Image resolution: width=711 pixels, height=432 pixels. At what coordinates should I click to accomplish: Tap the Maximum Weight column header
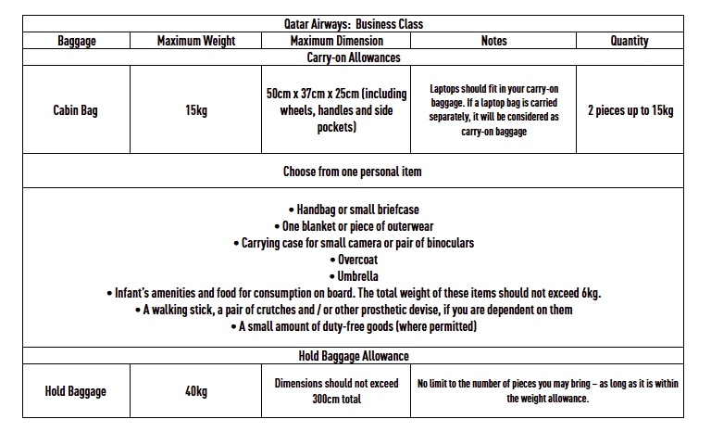coord(196,41)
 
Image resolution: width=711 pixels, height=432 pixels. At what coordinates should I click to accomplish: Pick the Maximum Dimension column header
coord(335,41)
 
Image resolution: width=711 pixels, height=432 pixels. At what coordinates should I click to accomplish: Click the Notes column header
coord(493,41)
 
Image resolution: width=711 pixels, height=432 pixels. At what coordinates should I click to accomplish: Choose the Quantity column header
coord(630,41)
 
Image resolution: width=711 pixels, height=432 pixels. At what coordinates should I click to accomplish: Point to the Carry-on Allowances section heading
coord(353,57)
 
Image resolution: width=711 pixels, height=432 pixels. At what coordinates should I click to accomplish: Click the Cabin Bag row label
coord(76,110)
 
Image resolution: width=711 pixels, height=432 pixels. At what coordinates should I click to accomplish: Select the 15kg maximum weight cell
coord(196,110)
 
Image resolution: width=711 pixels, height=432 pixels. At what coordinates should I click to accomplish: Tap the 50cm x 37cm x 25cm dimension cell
coord(335,110)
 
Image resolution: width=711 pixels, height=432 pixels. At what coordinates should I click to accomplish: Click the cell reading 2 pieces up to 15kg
coord(630,110)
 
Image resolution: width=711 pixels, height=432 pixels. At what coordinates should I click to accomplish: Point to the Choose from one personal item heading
coord(353,172)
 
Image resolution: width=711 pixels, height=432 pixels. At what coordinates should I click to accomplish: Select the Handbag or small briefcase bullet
coord(353,210)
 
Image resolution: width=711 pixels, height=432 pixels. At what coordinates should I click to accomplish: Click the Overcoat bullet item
coord(353,260)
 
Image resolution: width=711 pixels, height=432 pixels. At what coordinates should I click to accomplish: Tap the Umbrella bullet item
coord(353,276)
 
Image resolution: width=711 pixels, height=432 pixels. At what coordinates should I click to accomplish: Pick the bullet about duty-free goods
coord(353,326)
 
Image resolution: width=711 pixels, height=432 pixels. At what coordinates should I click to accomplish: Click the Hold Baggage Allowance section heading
coord(353,356)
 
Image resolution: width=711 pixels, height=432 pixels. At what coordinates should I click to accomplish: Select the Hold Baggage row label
coord(76,391)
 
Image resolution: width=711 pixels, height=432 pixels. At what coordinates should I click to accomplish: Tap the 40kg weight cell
coord(196,391)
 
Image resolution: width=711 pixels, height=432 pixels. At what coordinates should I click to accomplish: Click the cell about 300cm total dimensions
coord(335,391)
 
